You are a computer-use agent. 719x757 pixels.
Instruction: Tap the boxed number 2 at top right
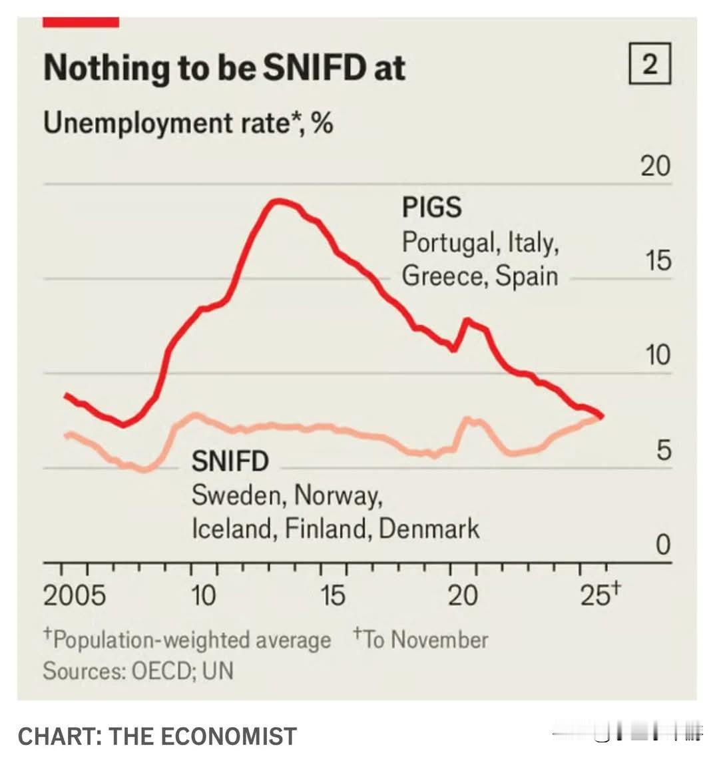tap(650, 64)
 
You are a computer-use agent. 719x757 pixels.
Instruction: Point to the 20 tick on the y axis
tap(655, 166)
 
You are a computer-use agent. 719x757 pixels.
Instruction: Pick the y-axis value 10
tap(656, 356)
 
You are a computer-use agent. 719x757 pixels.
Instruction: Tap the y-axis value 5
tap(663, 451)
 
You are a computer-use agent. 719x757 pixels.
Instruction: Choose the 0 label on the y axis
tap(663, 545)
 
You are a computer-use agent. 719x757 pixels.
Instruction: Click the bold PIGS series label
tap(431, 208)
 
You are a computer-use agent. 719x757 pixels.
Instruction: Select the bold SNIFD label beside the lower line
tap(230, 461)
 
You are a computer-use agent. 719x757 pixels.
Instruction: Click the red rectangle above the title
tap(81, 23)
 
